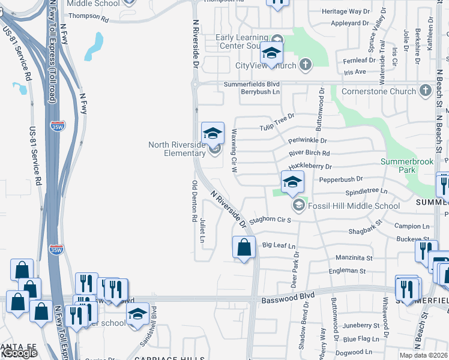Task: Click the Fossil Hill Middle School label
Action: pos(354,206)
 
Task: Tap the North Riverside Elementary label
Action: pos(177,149)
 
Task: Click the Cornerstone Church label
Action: pos(378,91)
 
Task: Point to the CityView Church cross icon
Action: pos(306,65)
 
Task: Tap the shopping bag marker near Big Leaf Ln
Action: pos(244,247)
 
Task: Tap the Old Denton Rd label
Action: pos(194,202)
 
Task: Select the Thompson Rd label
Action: pos(88,19)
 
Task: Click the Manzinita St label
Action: pos(352,258)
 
